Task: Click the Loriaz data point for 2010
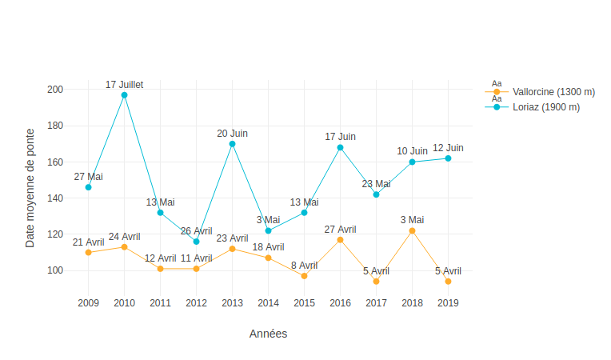coord(124,95)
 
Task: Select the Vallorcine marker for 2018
coord(412,230)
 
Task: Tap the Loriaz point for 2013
coord(232,144)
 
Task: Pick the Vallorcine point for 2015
coord(304,276)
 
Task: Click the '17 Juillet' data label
coord(124,84)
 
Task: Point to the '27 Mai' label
coord(88,177)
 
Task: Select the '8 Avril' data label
coord(304,265)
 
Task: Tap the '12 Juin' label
coord(448,148)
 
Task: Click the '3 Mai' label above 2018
coord(412,220)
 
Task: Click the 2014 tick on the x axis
coord(268,303)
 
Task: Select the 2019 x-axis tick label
coord(448,303)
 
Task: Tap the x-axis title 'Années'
coord(268,334)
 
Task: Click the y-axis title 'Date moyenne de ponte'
coord(30,187)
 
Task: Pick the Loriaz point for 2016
coord(340,147)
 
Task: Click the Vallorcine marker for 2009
coord(88,252)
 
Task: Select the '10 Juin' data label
coord(412,151)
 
